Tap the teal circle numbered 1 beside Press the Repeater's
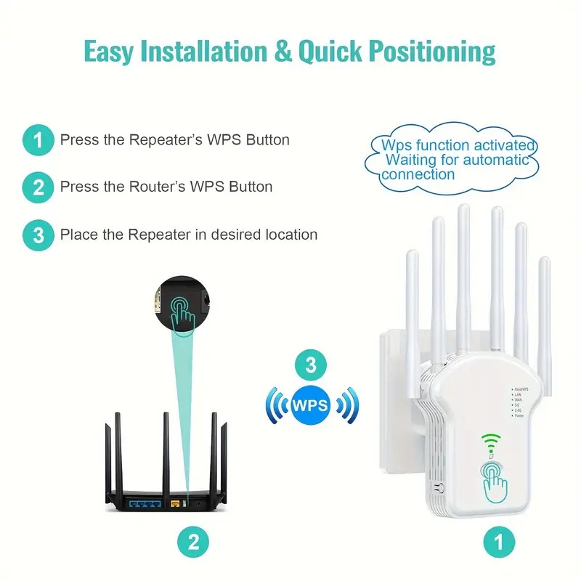coord(38,139)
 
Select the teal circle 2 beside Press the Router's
coord(38,187)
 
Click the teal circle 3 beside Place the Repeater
coord(38,235)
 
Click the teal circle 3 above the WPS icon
coord(311,365)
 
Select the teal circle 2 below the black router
coord(193,541)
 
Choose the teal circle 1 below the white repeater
coord(498,541)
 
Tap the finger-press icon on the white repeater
coord(495,479)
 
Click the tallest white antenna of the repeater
coord(463,276)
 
